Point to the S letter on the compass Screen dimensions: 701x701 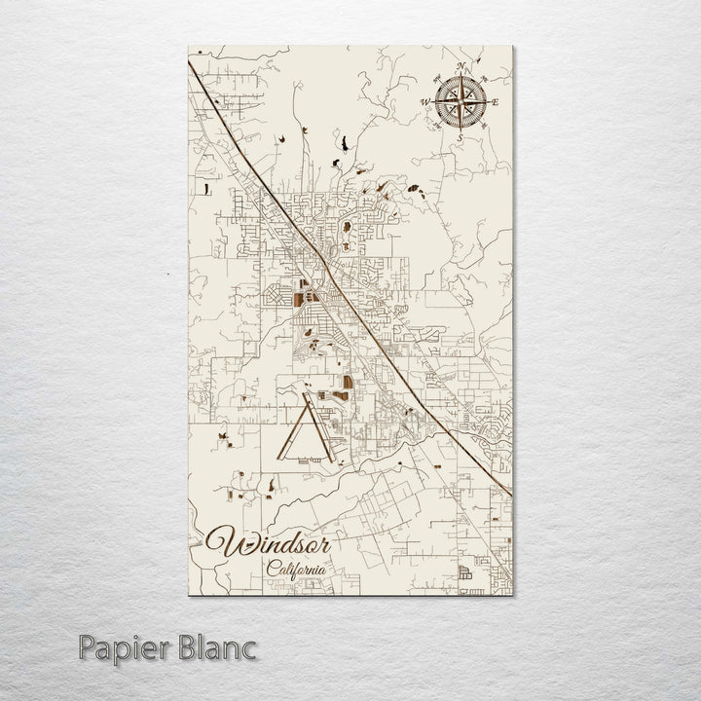coord(460,137)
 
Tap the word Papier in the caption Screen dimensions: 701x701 coord(119,647)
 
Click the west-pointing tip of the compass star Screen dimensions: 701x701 coord(432,101)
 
